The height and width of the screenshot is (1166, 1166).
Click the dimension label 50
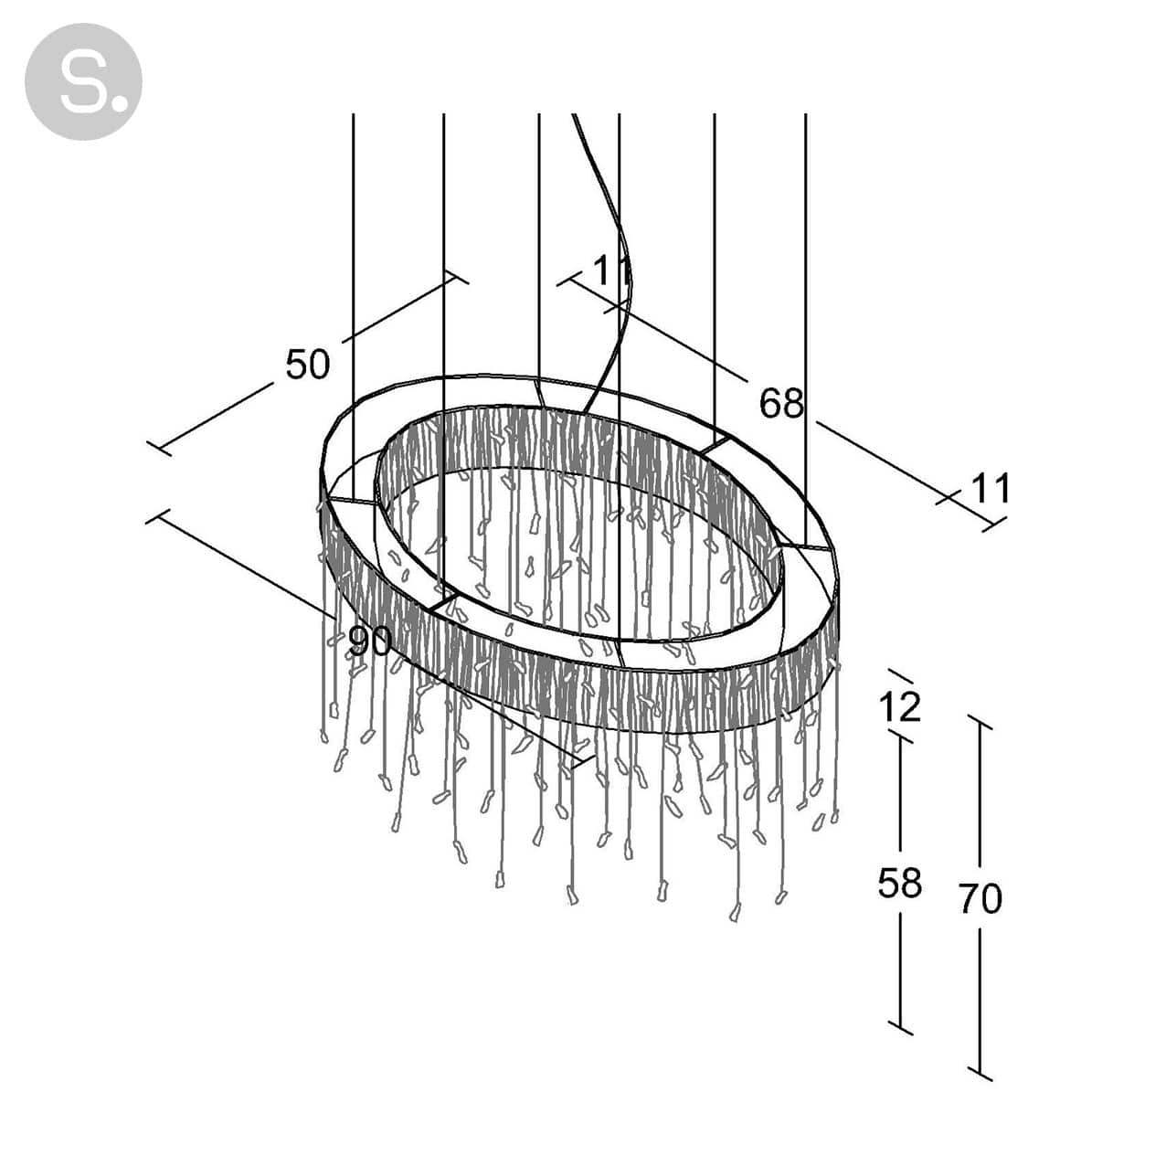point(307,365)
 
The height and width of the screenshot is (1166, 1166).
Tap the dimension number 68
point(781,403)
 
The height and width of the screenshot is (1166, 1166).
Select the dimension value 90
point(370,641)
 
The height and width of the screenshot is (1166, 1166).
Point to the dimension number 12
point(900,706)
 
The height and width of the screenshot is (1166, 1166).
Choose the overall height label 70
point(980,899)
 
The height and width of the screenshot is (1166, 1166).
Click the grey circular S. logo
point(83,81)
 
